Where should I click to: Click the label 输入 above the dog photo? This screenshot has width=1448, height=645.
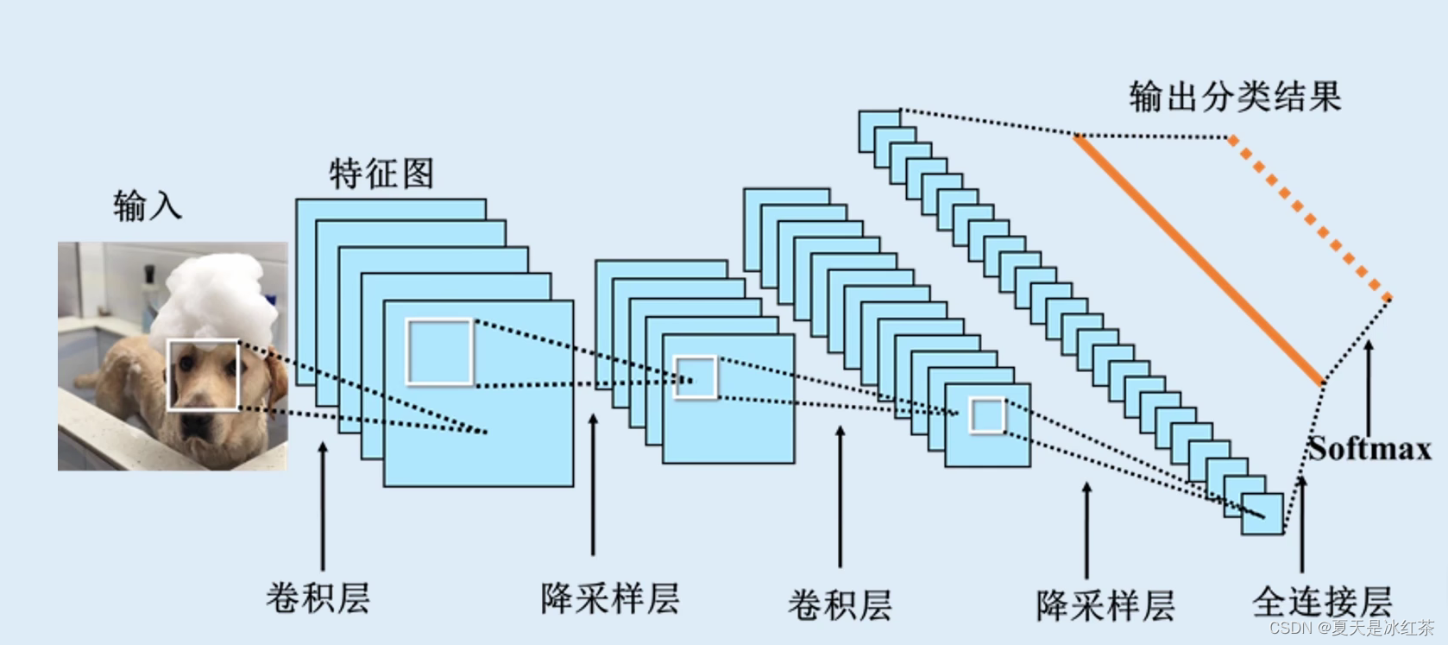(x=148, y=206)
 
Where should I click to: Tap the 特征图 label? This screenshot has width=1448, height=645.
(x=381, y=174)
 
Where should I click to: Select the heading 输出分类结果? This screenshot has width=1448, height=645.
(x=1235, y=97)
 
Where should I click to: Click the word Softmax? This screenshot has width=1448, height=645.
(x=1369, y=449)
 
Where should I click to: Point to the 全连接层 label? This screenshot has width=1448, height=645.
(x=1322, y=601)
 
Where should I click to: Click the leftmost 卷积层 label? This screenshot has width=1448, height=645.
(x=318, y=598)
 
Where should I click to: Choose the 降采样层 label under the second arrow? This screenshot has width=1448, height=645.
(x=610, y=598)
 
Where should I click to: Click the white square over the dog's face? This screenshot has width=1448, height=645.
(x=203, y=375)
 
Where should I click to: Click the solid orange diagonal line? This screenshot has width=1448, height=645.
(x=1199, y=259)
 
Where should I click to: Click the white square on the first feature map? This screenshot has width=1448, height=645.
(x=439, y=351)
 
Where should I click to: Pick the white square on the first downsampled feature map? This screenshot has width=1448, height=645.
(x=696, y=377)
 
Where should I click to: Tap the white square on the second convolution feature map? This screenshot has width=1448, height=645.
(x=987, y=415)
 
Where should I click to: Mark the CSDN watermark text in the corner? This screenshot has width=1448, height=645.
(x=1350, y=628)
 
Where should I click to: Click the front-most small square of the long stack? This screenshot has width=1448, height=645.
(x=1262, y=515)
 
